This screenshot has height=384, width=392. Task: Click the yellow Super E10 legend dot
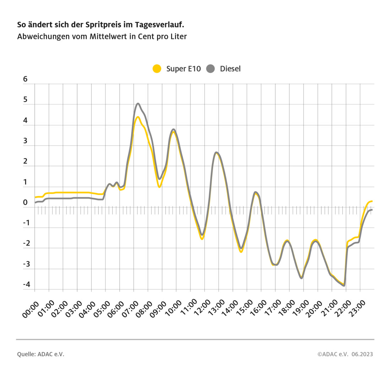pyautogui.click(x=157, y=69)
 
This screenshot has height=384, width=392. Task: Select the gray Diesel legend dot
pyautogui.click(x=211, y=69)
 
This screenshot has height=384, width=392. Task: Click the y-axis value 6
pyautogui.click(x=25, y=79)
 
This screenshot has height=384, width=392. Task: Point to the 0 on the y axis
pyautogui.click(x=25, y=203)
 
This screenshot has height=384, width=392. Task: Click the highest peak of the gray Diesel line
pyautogui.click(x=138, y=103)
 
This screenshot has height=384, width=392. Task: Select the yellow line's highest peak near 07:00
pyautogui.click(x=137, y=117)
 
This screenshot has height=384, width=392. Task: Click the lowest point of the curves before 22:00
pyautogui.click(x=344, y=285)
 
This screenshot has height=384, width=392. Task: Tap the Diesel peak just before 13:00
pyautogui.click(x=216, y=152)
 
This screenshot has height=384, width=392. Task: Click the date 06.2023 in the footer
pyautogui.click(x=363, y=354)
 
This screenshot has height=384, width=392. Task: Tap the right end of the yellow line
pyautogui.click(x=371, y=201)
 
